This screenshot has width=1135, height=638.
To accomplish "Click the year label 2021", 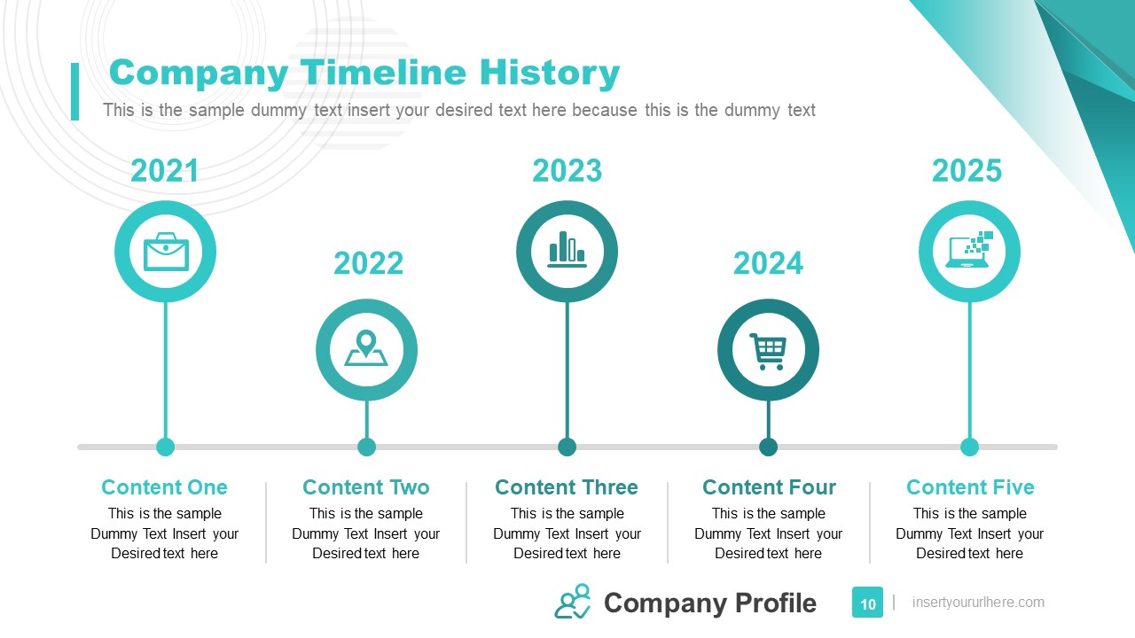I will (165, 170).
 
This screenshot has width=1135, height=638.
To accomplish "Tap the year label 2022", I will (368, 263).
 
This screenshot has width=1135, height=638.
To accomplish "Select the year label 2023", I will (567, 170).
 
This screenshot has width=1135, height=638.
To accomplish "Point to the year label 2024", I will (768, 263).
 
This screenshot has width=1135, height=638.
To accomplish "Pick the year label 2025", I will (967, 170).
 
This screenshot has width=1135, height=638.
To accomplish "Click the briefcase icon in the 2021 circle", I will (166, 252).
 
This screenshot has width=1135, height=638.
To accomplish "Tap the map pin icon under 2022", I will (366, 350).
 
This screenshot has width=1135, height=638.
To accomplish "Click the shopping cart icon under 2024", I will (768, 350).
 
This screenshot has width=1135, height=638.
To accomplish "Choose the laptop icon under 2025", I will (969, 251).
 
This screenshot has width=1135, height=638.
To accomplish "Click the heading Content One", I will (164, 487).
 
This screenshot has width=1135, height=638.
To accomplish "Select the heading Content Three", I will (567, 487).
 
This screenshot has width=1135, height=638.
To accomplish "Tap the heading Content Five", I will (970, 487).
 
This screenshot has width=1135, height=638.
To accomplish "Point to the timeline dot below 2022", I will (366, 447).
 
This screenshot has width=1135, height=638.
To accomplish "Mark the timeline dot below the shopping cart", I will (768, 447).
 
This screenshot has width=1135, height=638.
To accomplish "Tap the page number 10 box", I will (867, 603).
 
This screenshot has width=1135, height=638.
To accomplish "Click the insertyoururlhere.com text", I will (978, 603).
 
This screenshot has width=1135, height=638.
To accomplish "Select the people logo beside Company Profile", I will (573, 601).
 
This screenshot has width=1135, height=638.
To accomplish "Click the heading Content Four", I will (769, 487).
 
